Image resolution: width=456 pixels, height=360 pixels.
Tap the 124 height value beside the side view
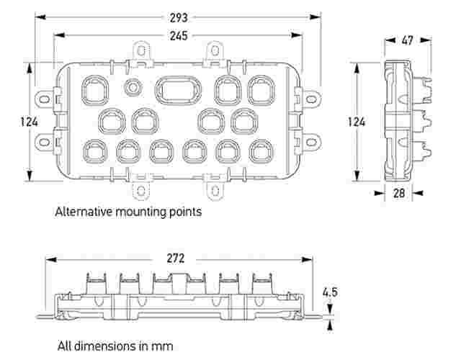tap(356, 122)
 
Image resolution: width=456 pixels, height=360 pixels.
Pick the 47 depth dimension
tap(407, 41)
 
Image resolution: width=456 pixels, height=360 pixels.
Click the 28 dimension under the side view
tap(398, 192)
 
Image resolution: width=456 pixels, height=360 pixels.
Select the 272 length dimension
tap(175, 258)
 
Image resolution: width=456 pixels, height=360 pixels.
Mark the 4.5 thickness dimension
tap(330, 292)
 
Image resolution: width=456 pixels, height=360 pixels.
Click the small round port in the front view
tap(133, 87)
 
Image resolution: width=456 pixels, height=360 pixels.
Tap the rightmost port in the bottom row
tap(260, 150)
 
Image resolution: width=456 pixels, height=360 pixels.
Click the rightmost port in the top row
tap(260, 90)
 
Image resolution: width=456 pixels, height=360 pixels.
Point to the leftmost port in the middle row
tap(111, 120)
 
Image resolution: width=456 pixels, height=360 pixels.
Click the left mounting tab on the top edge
tap(143, 52)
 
